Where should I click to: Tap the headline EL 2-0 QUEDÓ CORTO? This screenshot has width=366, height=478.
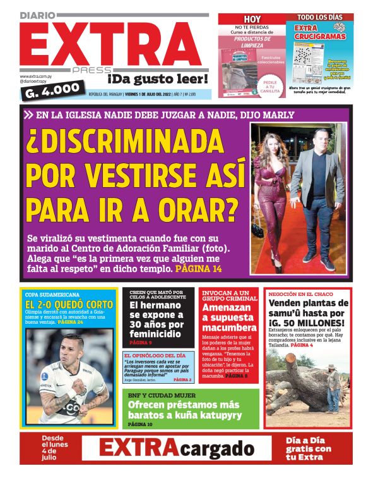(69, 305)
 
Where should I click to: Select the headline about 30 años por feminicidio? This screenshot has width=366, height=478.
(158, 320)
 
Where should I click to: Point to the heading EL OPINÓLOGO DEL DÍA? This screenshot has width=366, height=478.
(155, 356)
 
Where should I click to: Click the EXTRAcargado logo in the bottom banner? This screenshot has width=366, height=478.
(176, 449)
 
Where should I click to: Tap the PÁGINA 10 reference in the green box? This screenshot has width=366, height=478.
(140, 424)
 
